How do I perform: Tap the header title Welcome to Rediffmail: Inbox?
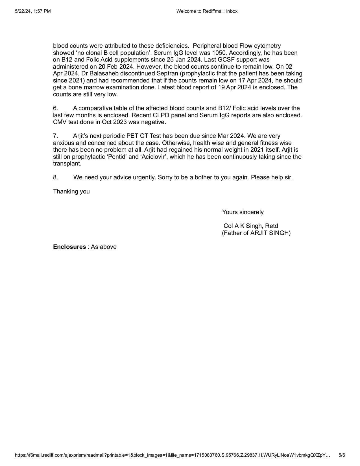[207, 11]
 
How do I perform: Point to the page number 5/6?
[342, 455]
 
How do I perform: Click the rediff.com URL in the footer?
[172, 455]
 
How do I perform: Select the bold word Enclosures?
[69, 247]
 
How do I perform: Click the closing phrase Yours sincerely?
[243, 212]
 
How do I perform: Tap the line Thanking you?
[71, 191]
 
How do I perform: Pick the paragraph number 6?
[56, 108]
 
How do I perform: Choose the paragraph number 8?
[56, 177]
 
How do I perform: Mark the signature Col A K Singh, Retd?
[251, 226]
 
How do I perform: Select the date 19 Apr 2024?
[235, 87]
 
